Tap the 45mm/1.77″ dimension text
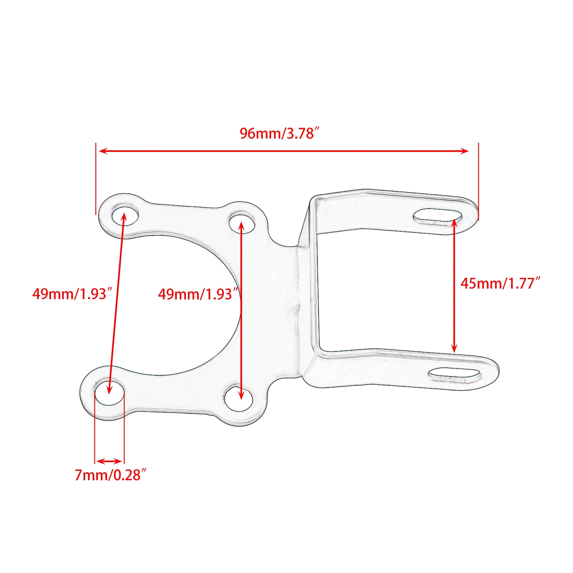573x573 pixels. click(501, 284)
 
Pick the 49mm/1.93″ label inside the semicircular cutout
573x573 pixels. click(199, 295)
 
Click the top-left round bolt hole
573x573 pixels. click(125, 214)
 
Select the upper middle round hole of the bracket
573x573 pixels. click(242, 222)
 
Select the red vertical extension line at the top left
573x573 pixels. click(96, 178)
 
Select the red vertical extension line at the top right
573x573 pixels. click(478, 181)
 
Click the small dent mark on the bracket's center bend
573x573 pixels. click(294, 309)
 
